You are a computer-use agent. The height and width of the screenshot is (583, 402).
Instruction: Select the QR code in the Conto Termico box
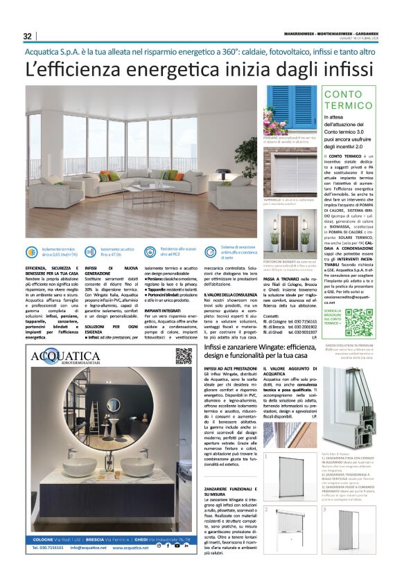[358, 323]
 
